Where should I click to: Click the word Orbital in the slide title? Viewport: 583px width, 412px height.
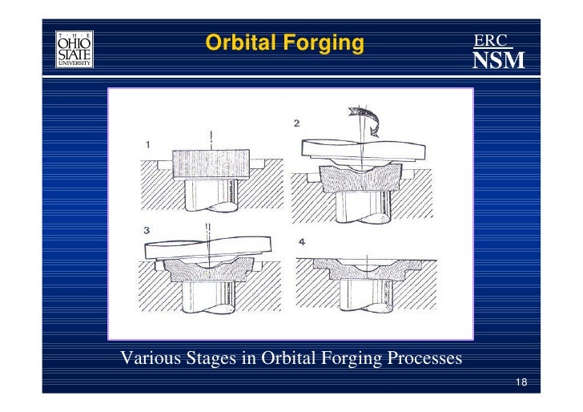coord(238,42)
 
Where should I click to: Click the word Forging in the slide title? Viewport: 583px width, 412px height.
coord(318,42)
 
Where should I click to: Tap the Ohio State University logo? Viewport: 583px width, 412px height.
coord(74,50)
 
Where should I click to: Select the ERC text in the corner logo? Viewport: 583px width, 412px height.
coord(490,40)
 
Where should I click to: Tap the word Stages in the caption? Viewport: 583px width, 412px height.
coord(211,357)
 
